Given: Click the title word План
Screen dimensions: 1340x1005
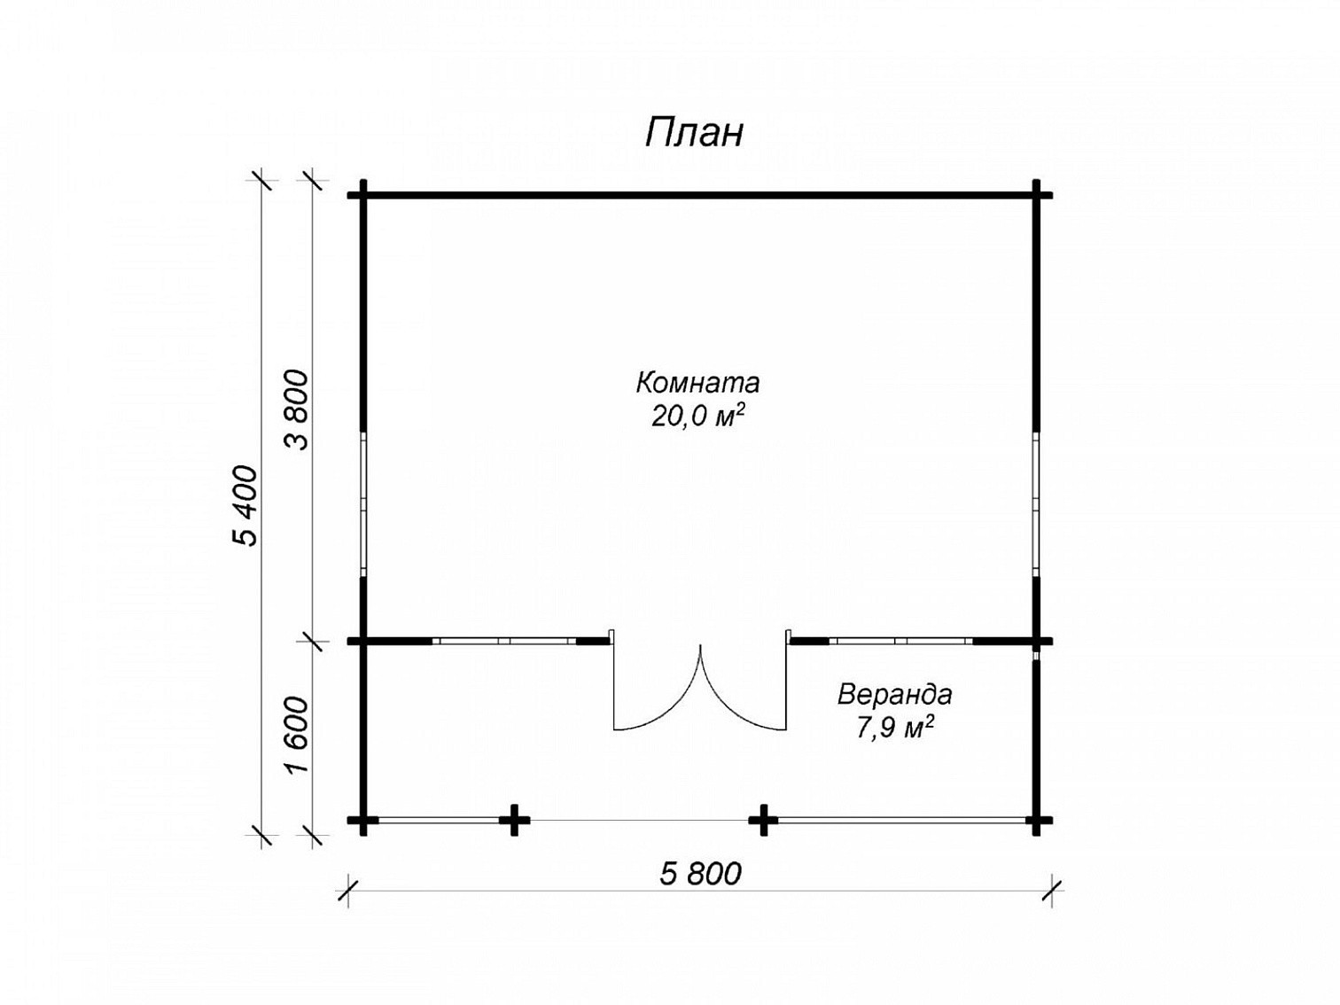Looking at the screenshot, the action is (x=694, y=132).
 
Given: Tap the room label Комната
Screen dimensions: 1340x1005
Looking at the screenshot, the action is (x=697, y=383).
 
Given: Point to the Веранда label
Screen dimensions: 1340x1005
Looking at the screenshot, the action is (x=894, y=695).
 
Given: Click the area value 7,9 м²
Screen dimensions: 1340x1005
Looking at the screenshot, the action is (x=895, y=727).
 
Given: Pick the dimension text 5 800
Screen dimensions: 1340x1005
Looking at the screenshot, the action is (x=700, y=874).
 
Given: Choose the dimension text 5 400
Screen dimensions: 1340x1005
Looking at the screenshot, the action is (x=245, y=505).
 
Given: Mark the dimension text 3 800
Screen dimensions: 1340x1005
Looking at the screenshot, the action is (x=298, y=409).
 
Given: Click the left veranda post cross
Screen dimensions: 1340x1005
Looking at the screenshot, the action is (x=514, y=820).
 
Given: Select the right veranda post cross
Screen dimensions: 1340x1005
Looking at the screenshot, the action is (x=763, y=820).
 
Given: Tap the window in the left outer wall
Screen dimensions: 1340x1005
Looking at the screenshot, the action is (x=363, y=504).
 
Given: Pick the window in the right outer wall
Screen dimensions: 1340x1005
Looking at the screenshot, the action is (x=1036, y=504).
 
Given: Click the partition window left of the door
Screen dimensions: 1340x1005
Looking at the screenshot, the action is (x=504, y=642).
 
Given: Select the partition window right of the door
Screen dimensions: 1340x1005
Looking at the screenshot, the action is (x=900, y=642).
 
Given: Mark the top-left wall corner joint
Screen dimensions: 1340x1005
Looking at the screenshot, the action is (x=363, y=196).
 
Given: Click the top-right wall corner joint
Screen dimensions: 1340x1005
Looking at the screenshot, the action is (x=1036, y=196).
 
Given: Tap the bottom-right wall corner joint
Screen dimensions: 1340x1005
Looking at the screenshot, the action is (x=1036, y=820).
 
